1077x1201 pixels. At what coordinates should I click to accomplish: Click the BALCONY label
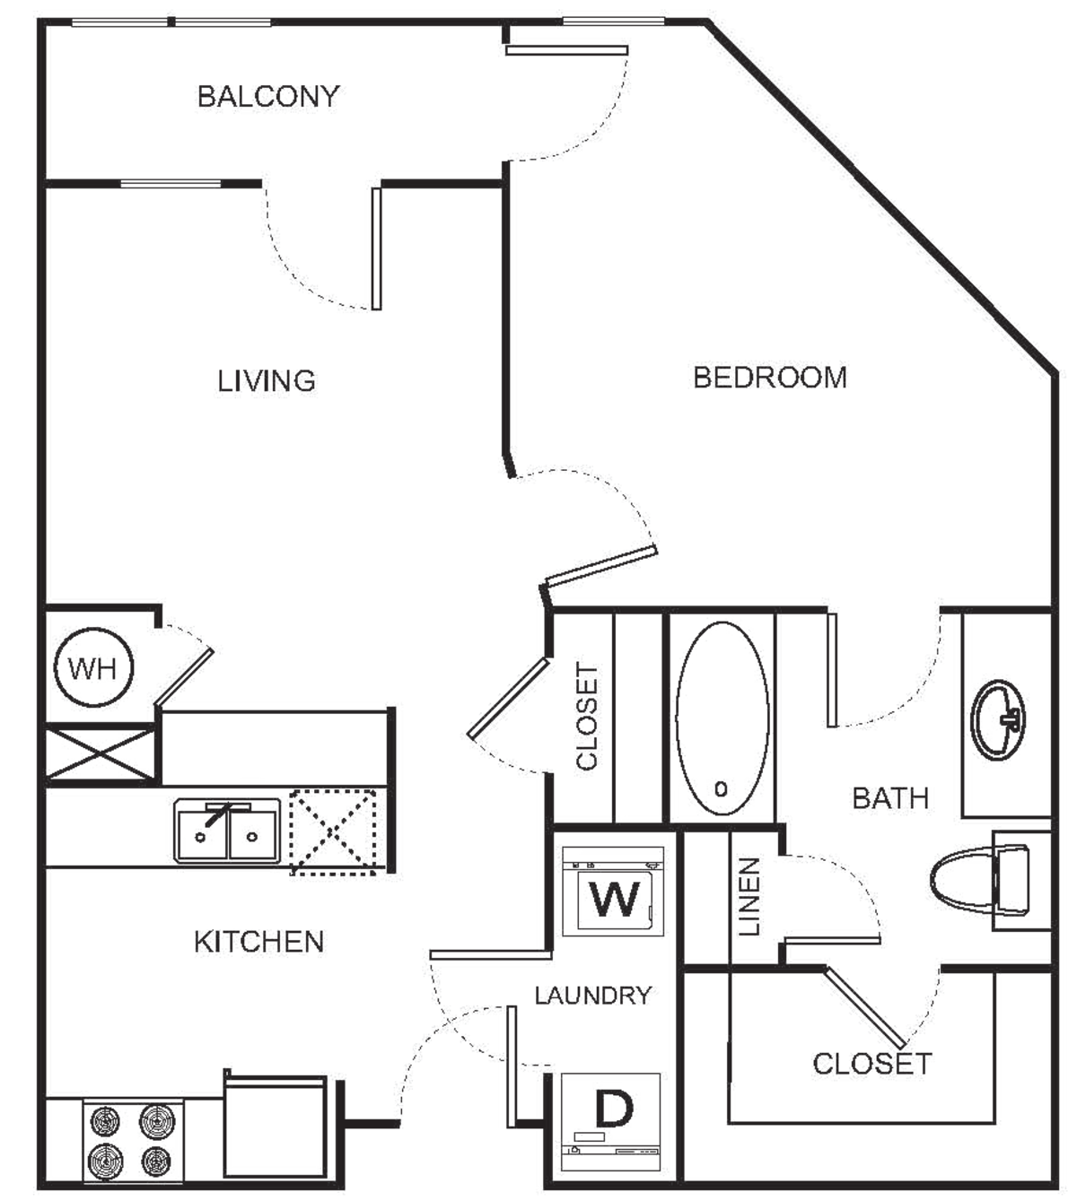pos(267,98)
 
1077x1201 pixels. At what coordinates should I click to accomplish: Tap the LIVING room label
pos(266,381)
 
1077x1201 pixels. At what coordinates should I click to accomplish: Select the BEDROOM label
pos(771,377)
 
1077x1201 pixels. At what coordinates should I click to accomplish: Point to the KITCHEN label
pos(260,942)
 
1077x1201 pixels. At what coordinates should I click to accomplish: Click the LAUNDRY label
pos(593,995)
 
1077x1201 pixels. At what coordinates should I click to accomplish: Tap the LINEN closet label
pos(751,897)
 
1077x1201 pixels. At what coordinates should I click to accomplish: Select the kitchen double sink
pos(227,834)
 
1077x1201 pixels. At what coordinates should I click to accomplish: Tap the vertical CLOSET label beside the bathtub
pos(587,718)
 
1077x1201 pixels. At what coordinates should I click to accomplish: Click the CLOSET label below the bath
pos(871,1065)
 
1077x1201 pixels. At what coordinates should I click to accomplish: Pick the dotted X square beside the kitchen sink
pos(336,831)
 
